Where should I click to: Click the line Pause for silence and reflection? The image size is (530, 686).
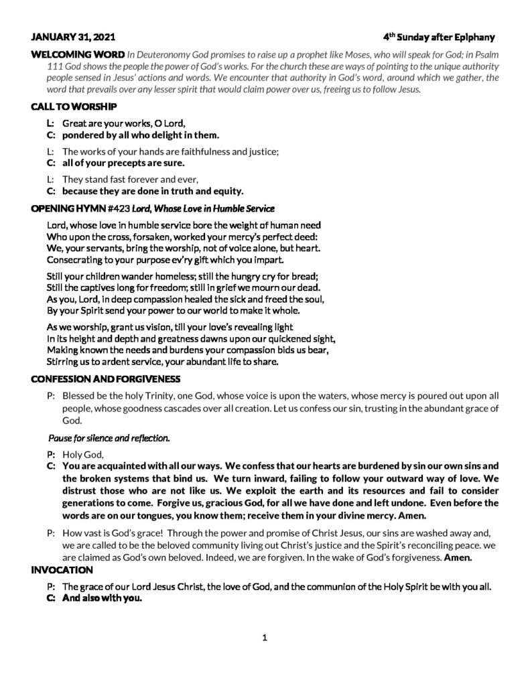tap(109, 439)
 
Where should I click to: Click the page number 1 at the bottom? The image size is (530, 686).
tap(265, 638)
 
